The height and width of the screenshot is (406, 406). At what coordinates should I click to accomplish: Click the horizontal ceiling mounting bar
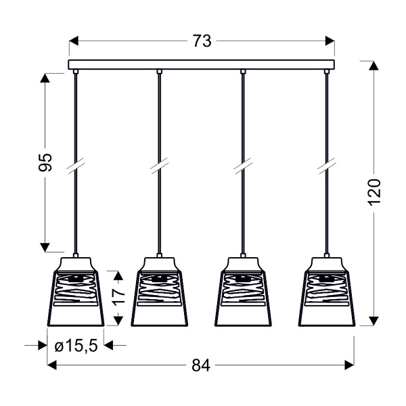[202, 65]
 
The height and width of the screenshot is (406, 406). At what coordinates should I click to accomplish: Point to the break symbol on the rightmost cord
[327, 164]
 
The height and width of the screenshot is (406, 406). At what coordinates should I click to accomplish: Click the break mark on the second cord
[159, 164]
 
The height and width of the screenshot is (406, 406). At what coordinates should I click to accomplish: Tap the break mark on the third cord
[243, 164]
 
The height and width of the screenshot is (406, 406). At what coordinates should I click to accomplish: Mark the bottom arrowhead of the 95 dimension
[45, 248]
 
